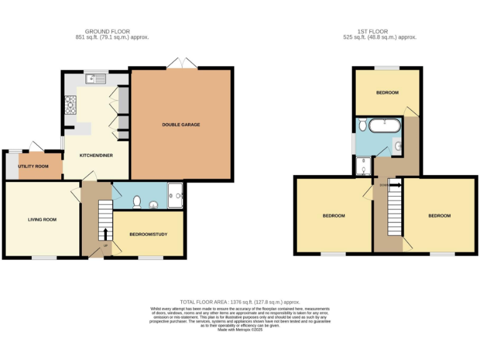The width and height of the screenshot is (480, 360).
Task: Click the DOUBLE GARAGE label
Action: coord(181,125)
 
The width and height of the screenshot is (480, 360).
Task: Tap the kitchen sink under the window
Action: coord(97,79)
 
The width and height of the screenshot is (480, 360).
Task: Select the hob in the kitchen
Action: coord(70,104)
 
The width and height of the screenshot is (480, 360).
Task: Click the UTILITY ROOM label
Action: coord(34,166)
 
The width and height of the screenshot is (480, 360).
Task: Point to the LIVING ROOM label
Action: coord(42,219)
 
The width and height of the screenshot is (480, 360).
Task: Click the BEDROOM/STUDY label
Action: coord(148,234)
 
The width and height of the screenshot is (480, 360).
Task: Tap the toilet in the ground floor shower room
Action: coord(137,202)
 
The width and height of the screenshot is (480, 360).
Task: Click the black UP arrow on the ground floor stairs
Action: coord(104,234)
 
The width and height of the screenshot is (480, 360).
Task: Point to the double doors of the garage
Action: coord(182,62)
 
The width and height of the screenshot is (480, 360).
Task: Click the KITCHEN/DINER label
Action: coord(96,155)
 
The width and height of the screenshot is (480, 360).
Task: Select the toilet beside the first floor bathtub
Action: coord(362,123)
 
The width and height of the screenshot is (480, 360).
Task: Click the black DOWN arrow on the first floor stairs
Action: coord(396,185)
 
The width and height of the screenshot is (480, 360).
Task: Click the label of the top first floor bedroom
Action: coord(387,92)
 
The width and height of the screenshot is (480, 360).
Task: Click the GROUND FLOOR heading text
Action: coord(107,31)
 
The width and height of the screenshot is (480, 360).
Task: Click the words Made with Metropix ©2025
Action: coord(239,329)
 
